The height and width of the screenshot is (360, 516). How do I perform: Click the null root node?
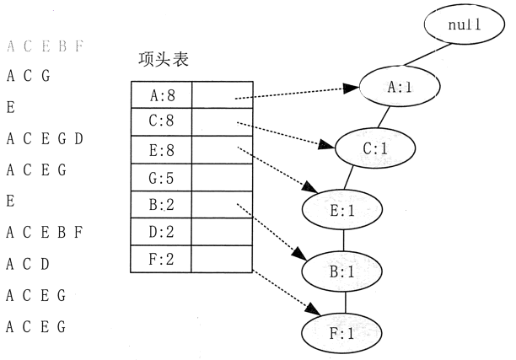[463, 26]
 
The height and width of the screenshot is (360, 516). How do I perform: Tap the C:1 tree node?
[374, 148]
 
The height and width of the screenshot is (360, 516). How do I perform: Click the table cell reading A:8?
[161, 95]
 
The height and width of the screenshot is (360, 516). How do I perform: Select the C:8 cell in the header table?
[161, 123]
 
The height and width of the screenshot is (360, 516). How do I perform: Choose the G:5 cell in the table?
[161, 178]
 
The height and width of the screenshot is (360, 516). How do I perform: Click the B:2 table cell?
[161, 205]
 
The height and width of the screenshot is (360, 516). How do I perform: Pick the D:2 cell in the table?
[161, 232]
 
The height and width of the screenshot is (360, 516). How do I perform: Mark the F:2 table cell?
[161, 260]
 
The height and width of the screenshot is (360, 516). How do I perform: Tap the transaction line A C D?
[30, 264]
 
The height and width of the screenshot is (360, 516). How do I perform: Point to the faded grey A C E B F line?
[44, 46]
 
